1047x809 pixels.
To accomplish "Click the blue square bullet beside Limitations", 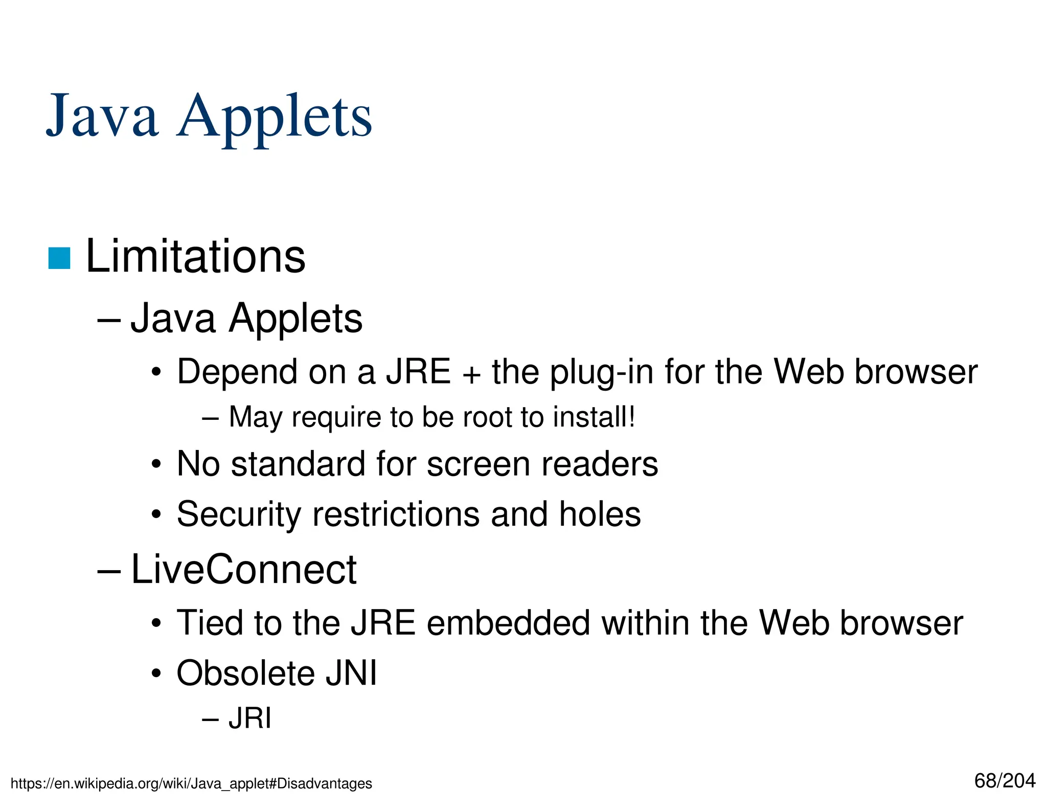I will point(59,258).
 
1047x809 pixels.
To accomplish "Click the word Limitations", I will point(195,257).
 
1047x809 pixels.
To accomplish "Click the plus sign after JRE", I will point(471,373).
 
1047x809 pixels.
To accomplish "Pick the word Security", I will point(239,514).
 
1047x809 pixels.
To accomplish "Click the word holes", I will point(600,514).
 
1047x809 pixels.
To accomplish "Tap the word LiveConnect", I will point(244,569).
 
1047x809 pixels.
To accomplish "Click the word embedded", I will point(508,623).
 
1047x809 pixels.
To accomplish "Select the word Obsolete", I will point(245,673).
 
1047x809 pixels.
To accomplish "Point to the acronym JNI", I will point(352,673).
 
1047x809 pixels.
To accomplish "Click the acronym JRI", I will point(250,718).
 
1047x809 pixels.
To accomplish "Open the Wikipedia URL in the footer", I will point(191,783).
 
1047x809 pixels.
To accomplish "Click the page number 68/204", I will point(1005,781).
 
